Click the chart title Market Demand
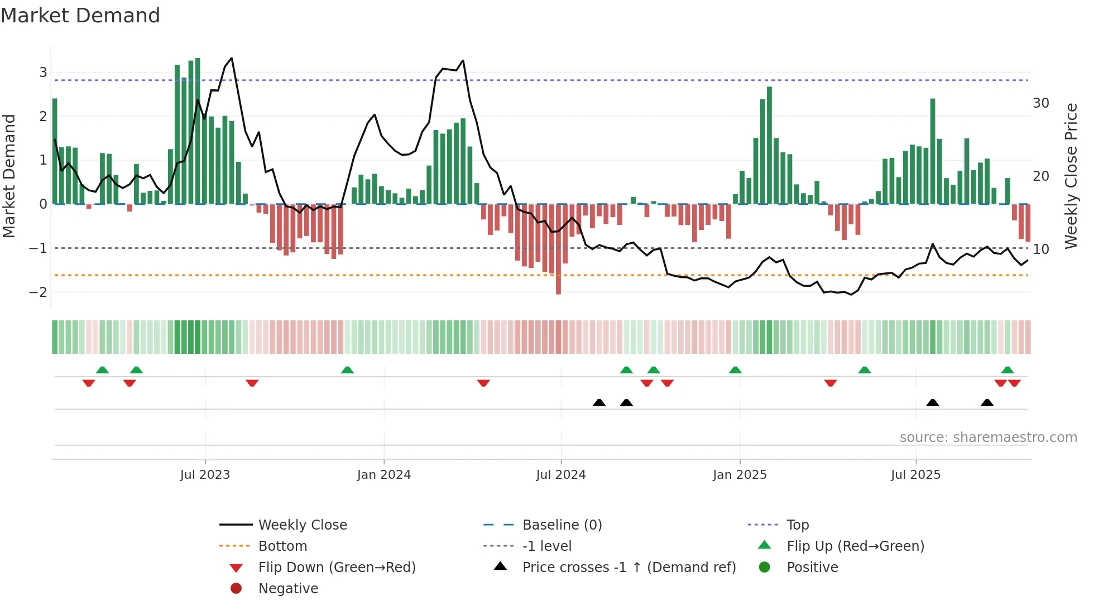(x=80, y=16)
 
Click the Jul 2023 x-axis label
(x=205, y=475)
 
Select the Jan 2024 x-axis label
(x=384, y=475)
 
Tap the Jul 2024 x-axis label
(x=561, y=475)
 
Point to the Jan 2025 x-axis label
(x=740, y=475)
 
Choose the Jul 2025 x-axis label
(x=916, y=475)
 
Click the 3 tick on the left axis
(x=43, y=73)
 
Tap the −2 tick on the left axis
(x=38, y=292)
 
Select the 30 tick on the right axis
(x=1041, y=103)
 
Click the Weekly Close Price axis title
(x=1071, y=176)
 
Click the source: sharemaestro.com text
(x=988, y=438)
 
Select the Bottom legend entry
(x=282, y=546)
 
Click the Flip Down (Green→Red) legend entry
(x=337, y=568)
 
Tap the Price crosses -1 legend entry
(x=629, y=568)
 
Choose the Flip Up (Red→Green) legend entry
(x=855, y=546)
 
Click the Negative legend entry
(x=288, y=589)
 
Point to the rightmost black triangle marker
(x=987, y=402)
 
